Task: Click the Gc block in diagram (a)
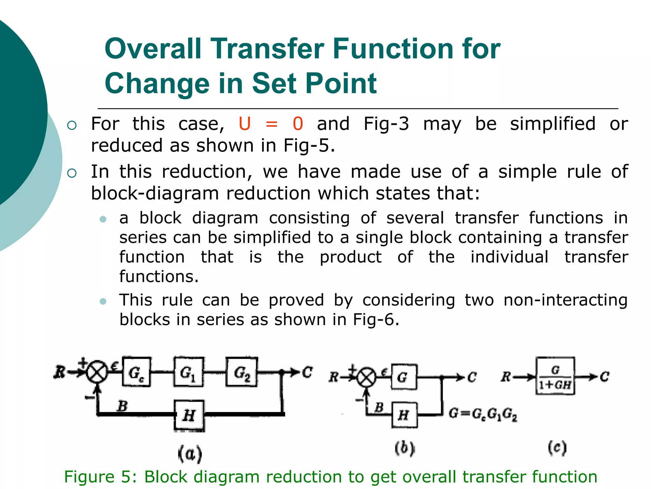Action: point(137,372)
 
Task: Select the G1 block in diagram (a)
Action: point(188,372)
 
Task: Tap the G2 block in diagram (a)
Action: point(242,372)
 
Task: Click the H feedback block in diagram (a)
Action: point(189,415)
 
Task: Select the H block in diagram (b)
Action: point(404,415)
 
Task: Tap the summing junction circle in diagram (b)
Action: point(367,378)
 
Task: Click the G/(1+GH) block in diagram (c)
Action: point(555,376)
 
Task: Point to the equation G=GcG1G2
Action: point(483,415)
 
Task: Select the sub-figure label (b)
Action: point(405,448)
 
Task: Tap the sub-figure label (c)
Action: point(557,448)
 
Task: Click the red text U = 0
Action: point(271,124)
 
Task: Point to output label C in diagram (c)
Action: point(604,377)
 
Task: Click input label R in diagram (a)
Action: point(59,372)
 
